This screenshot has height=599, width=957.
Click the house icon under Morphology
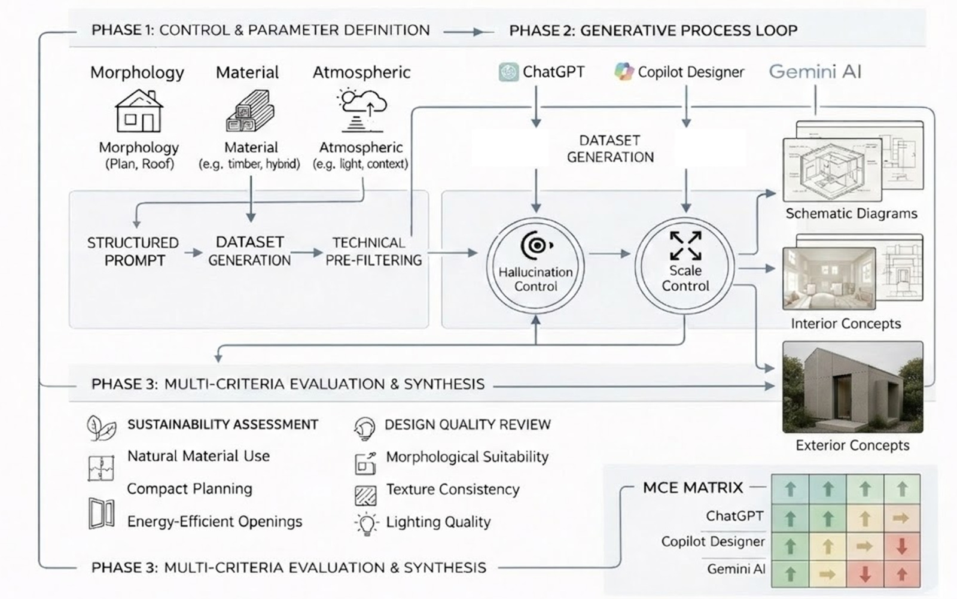(139, 111)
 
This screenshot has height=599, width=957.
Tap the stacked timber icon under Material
(250, 111)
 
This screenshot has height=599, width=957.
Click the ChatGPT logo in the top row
(508, 72)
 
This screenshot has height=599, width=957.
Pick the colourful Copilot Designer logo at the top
(624, 72)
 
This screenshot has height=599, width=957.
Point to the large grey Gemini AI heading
(815, 72)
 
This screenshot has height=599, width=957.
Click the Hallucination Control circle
(535, 266)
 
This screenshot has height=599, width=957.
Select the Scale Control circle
(685, 265)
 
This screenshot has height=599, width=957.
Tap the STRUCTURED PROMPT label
(133, 251)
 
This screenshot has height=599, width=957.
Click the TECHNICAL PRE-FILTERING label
(373, 251)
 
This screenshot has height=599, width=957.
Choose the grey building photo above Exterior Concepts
(852, 387)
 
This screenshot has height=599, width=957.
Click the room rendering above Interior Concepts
(828, 278)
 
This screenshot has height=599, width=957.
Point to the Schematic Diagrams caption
(851, 214)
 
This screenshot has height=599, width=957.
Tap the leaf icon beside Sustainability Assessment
(101, 427)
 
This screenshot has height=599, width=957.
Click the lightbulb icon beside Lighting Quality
(366, 524)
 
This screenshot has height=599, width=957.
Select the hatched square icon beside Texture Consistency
(365, 495)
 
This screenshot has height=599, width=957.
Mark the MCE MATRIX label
(693, 488)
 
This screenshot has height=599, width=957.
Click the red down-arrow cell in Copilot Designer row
(901, 546)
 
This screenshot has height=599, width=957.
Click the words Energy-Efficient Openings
(215, 522)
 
